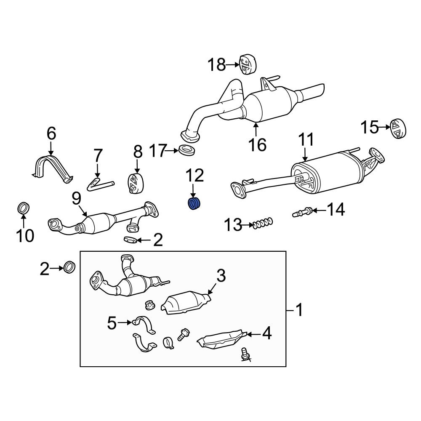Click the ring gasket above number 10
[24, 208]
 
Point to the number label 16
[257, 144]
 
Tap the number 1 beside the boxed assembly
[299, 311]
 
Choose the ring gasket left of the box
[69, 267]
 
